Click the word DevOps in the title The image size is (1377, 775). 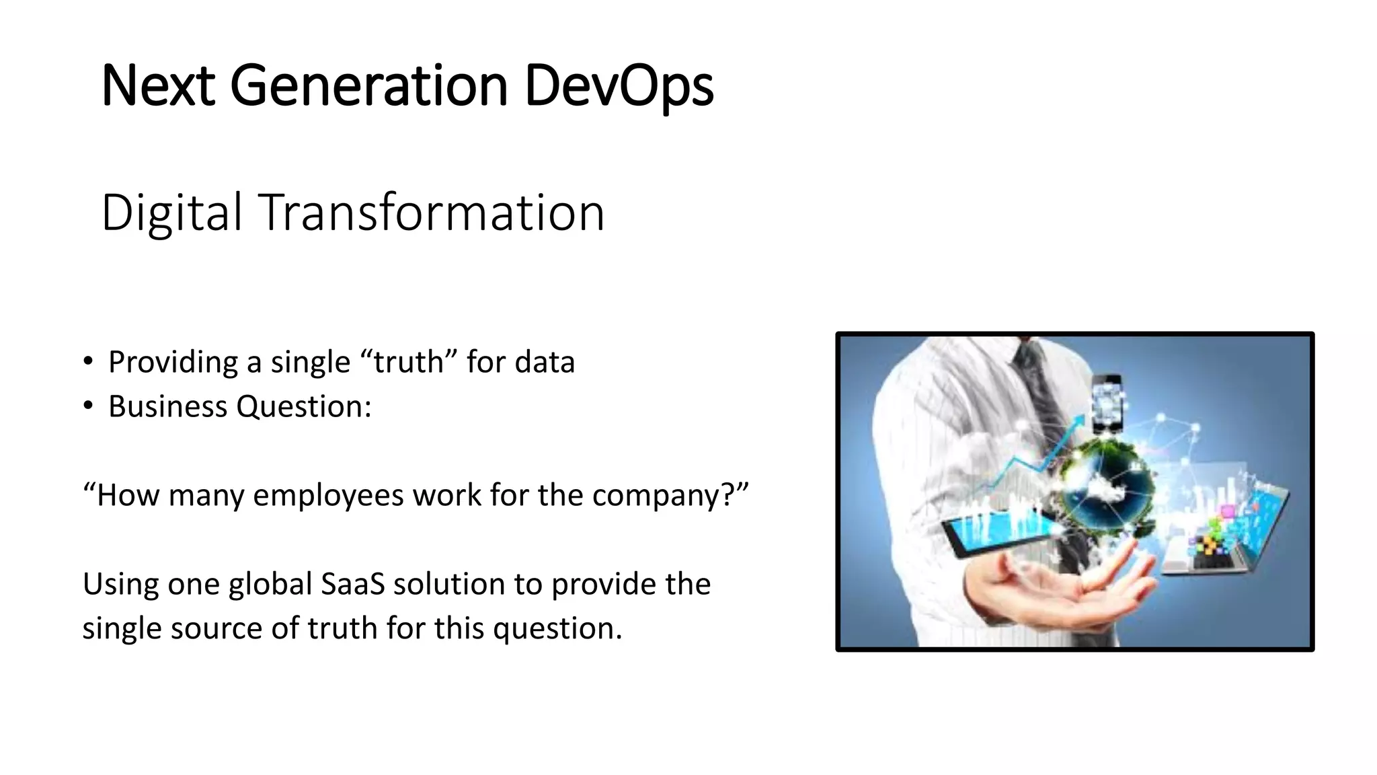(x=619, y=86)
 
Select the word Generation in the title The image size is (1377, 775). (x=368, y=86)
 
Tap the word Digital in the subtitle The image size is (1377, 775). (x=171, y=213)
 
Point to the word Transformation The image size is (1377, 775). (x=432, y=213)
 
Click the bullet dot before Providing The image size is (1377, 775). (x=88, y=362)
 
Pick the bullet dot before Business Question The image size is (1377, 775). (x=88, y=406)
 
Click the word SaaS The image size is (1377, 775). (x=352, y=584)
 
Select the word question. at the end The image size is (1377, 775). (x=557, y=628)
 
